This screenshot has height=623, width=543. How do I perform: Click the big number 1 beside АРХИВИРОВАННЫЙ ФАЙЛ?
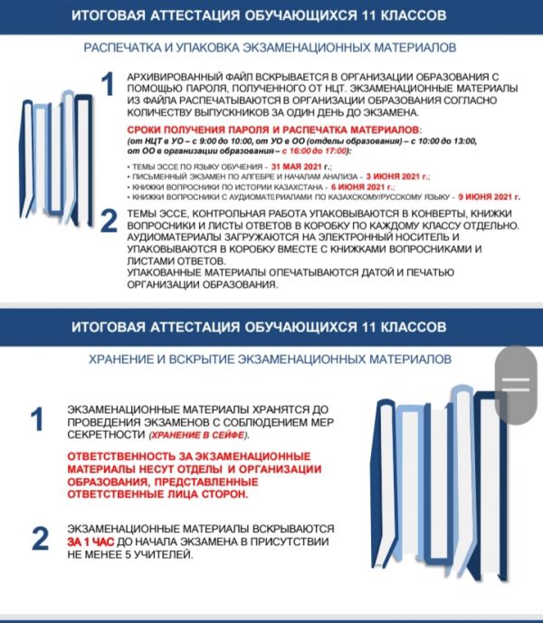click(107, 86)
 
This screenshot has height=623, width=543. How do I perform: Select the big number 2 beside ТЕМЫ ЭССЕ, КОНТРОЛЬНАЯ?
click(107, 221)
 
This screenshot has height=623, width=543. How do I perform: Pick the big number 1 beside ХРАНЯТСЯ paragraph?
click(38, 419)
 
